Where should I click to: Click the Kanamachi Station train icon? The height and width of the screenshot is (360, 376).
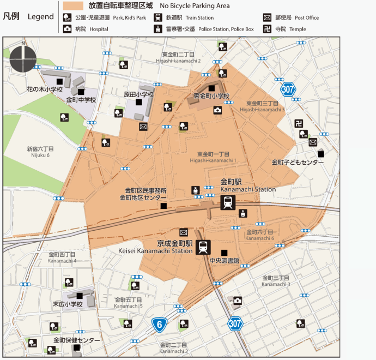(228, 203)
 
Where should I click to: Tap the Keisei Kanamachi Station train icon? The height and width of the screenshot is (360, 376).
(203, 247)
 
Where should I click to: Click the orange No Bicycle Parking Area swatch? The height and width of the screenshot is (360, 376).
(73, 6)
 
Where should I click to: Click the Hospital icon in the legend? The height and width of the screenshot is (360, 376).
(68, 28)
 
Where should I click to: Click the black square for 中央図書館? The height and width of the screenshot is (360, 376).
(225, 252)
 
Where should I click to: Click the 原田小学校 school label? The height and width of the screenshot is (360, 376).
(138, 94)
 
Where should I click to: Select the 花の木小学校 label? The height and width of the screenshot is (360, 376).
(45, 89)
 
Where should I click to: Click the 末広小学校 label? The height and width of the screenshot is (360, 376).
(67, 304)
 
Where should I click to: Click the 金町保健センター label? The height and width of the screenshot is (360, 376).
(76, 340)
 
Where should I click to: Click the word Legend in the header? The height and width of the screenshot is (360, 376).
(41, 17)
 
